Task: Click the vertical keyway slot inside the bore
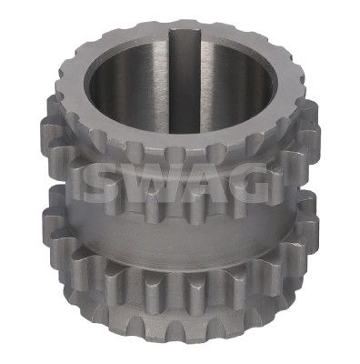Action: (x=185, y=81)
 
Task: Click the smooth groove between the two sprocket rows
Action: (x=182, y=239)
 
